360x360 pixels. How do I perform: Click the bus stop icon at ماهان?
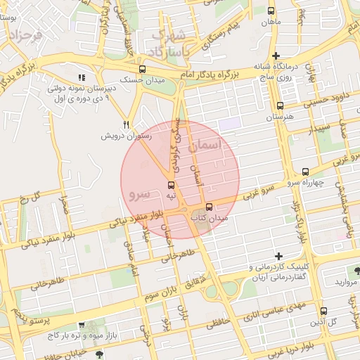pyautogui.click(x=271, y=11)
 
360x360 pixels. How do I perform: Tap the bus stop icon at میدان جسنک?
pyautogui.click(x=143, y=69)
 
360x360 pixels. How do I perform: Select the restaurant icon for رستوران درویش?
pyautogui.click(x=127, y=124)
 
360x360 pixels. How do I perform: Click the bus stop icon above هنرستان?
pyautogui.click(x=281, y=106)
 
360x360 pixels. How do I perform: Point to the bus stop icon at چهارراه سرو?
pyautogui.click(x=305, y=172)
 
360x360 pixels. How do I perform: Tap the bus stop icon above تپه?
pyautogui.click(x=172, y=185)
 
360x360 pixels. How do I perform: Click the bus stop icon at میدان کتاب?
pyautogui.click(x=209, y=207)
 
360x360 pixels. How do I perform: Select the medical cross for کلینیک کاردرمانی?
pyautogui.click(x=279, y=256)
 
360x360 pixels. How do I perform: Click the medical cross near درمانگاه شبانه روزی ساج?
pyautogui.click(x=276, y=56)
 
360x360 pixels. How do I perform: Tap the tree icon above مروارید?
pyautogui.click(x=358, y=271)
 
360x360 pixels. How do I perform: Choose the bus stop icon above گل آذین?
pyautogui.click(x=323, y=311)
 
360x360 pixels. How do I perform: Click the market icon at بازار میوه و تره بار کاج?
pyautogui.click(x=83, y=326)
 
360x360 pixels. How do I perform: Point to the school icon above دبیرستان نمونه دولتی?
pyautogui.click(x=82, y=77)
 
